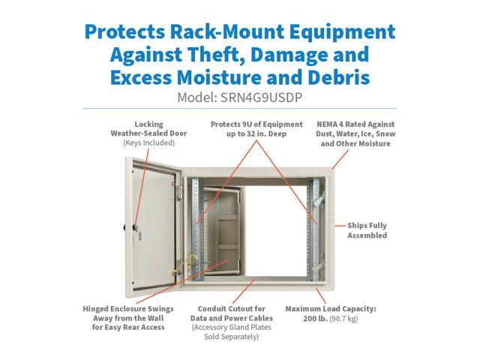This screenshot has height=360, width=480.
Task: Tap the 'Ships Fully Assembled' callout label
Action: click(x=367, y=229)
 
